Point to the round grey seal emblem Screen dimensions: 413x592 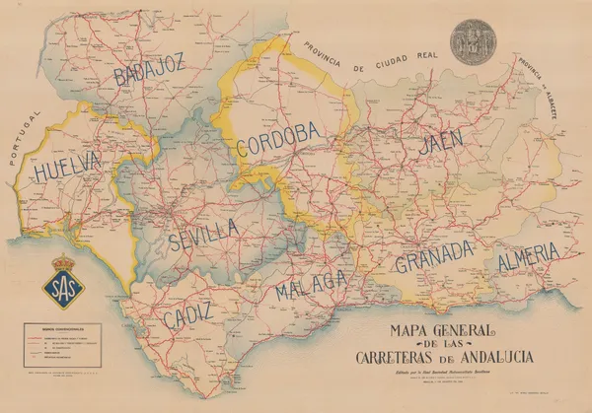pos(470,44)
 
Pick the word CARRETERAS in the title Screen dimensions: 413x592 pos(399,356)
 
